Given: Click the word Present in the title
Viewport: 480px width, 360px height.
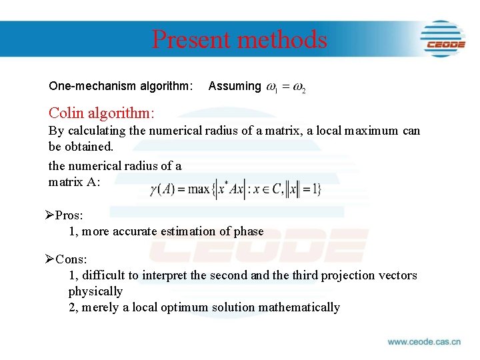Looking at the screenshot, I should coord(191,39).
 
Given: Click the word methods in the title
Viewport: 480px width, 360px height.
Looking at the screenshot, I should coord(281,39).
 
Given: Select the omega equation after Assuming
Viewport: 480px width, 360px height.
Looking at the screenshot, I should coord(286,87).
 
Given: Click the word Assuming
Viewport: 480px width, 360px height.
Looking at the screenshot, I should coord(235,86).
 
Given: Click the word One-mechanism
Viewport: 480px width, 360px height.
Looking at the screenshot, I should coord(92,86).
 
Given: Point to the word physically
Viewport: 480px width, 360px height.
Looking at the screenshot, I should coord(95,291).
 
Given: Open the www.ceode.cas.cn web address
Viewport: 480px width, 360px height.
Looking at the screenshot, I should coord(424,342).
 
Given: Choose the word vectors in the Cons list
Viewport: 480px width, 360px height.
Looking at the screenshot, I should coord(395,275).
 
